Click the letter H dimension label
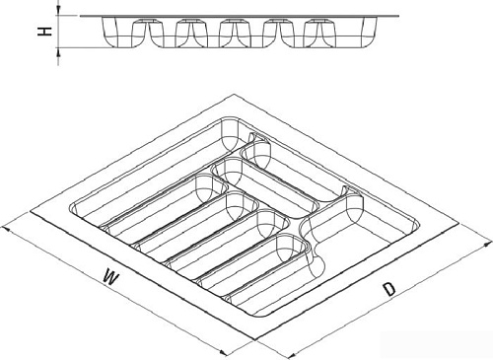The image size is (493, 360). pyautogui.click(x=44, y=32)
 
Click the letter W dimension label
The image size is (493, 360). pyautogui.click(x=110, y=277)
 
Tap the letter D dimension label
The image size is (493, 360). pyautogui.click(x=389, y=289)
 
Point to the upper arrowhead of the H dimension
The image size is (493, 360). pyautogui.click(x=58, y=12)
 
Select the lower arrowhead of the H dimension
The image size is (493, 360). pyautogui.click(x=58, y=51)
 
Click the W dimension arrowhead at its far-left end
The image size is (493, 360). pyautogui.click(x=6, y=229)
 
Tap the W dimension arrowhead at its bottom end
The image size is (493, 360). pyautogui.click(x=223, y=352)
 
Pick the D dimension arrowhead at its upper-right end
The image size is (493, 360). pyautogui.click(x=488, y=244)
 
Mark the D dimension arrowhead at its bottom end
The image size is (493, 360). pyautogui.click(x=290, y=356)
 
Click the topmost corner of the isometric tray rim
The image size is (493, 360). pyautogui.click(x=234, y=95)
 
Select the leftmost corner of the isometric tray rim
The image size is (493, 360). pyautogui.click(x=31, y=213)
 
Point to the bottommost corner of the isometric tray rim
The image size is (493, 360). pyautogui.click(x=256, y=340)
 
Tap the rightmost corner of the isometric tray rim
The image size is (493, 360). pyautogui.click(x=458, y=223)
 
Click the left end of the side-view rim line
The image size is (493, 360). pyautogui.click(x=81, y=16)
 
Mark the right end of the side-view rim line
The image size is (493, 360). pyautogui.click(x=398, y=16)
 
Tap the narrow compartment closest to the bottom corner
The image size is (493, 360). pyautogui.click(x=265, y=276)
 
